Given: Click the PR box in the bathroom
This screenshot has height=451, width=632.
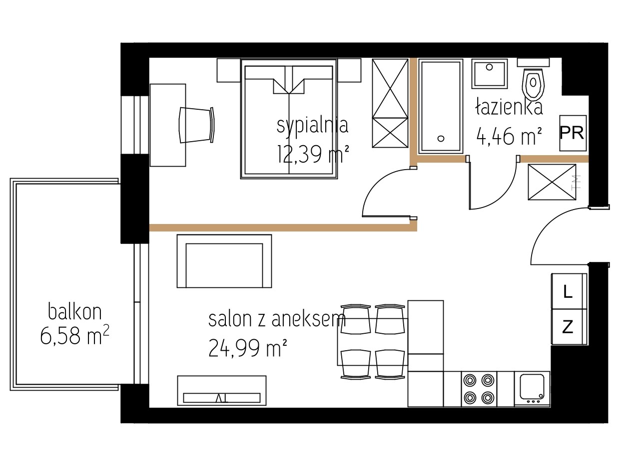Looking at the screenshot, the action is tap(573, 133).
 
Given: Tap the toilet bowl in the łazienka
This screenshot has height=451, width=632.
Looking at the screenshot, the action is tap(533, 83).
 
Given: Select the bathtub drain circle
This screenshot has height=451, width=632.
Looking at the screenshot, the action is tap(441, 139).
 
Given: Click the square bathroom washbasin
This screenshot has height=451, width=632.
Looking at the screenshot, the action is tap(490, 73).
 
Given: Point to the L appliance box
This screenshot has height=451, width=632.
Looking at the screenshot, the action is tap(569, 291).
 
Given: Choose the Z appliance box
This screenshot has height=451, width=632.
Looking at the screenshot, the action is tap(569, 327).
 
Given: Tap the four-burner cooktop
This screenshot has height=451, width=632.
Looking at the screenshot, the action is tap(479, 389).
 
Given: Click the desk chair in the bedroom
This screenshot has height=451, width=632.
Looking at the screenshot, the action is tap(197, 125).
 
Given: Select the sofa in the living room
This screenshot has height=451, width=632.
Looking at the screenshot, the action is tap(224, 261).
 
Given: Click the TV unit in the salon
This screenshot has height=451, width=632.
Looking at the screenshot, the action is tap(222, 391).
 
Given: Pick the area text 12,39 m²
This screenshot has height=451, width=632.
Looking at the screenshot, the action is tap(313, 154).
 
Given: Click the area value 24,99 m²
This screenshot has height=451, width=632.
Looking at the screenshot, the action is tap(248, 348).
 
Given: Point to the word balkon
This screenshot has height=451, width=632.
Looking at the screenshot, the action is tap(75, 311).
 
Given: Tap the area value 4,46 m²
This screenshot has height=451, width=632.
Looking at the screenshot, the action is tap(509, 136).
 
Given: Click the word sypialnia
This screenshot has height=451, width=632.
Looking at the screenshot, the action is tap(312, 126).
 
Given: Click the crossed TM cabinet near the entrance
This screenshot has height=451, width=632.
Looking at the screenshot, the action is tap(552, 182).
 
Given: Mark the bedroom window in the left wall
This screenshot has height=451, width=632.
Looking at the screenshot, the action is tap(135, 125).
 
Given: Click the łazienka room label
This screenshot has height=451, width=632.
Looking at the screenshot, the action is tap(509, 106).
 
